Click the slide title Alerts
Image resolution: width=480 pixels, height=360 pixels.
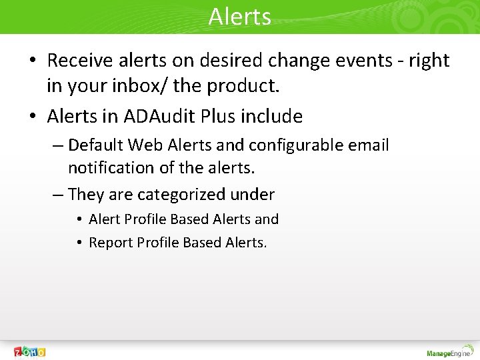[x=239, y=16]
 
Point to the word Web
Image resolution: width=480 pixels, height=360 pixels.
[x=145, y=145]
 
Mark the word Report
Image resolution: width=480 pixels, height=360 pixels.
[x=111, y=243]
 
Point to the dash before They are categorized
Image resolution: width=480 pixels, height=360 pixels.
[x=58, y=195]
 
